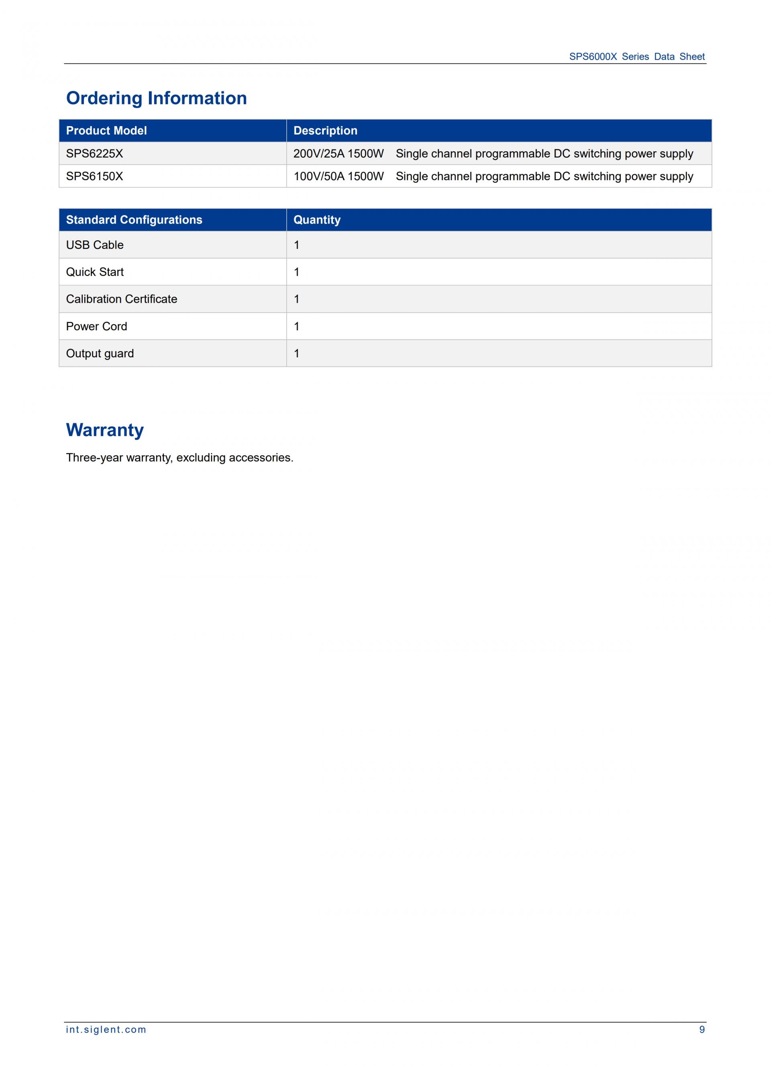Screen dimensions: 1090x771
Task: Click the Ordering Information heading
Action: pyautogui.click(x=156, y=98)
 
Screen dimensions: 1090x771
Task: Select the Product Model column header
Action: pyautogui.click(x=106, y=130)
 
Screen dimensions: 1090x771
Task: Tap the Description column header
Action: pyautogui.click(x=325, y=130)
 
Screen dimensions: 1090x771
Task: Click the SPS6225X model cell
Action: pyautogui.click(x=94, y=153)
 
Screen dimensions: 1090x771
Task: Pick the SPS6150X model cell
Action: pyautogui.click(x=94, y=176)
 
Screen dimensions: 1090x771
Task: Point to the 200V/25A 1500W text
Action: pyautogui.click(x=339, y=153)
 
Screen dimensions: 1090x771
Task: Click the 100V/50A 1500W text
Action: pyautogui.click(x=339, y=176)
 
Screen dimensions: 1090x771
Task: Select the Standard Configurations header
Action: pyautogui.click(x=134, y=220)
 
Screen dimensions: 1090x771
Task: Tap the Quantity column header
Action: pyautogui.click(x=317, y=220)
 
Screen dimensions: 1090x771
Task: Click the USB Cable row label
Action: pyautogui.click(x=94, y=245)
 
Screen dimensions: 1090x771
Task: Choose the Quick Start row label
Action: pyautogui.click(x=94, y=272)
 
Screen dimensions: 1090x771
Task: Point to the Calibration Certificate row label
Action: pyautogui.click(x=122, y=299)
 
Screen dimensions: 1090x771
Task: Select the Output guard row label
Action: pyautogui.click(x=100, y=353)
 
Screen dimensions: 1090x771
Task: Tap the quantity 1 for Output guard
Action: pyautogui.click(x=297, y=353)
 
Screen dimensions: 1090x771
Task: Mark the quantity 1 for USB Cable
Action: pyautogui.click(x=297, y=245)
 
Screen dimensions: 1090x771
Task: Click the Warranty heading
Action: pyautogui.click(x=104, y=430)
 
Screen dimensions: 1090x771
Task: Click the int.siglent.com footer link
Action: pyautogui.click(x=106, y=1029)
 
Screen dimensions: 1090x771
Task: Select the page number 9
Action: pyautogui.click(x=702, y=1029)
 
